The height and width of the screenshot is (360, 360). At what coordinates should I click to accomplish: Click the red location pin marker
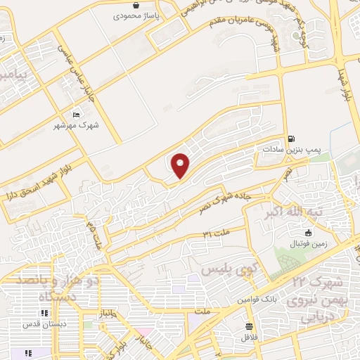point(181,166)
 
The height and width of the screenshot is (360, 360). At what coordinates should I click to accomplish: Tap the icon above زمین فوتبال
point(307,233)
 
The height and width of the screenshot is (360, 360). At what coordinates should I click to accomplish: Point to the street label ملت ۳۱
point(216,233)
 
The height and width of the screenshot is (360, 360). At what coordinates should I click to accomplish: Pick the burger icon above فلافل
point(250,326)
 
